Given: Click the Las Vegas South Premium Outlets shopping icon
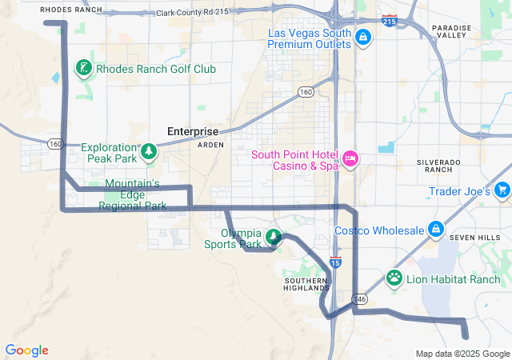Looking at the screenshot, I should pos(362,36).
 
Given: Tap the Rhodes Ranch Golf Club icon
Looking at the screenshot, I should pos(84,68).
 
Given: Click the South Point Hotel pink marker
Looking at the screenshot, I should pos(350,158).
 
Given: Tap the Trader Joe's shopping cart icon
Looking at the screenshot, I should pos(502,190).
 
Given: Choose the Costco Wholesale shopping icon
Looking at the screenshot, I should pos(435,230).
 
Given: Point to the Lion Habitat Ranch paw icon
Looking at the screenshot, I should pos(394,278).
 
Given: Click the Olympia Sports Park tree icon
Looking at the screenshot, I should pos(274,236).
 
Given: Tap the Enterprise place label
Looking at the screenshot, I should pos(192,131).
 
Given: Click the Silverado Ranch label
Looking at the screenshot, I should pos(439,166).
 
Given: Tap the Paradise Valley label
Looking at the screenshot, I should pos(453,31).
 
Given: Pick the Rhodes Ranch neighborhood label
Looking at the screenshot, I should pos(70,10).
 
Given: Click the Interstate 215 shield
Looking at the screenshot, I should pos(389,20).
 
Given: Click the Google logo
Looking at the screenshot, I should pos(26,350).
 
